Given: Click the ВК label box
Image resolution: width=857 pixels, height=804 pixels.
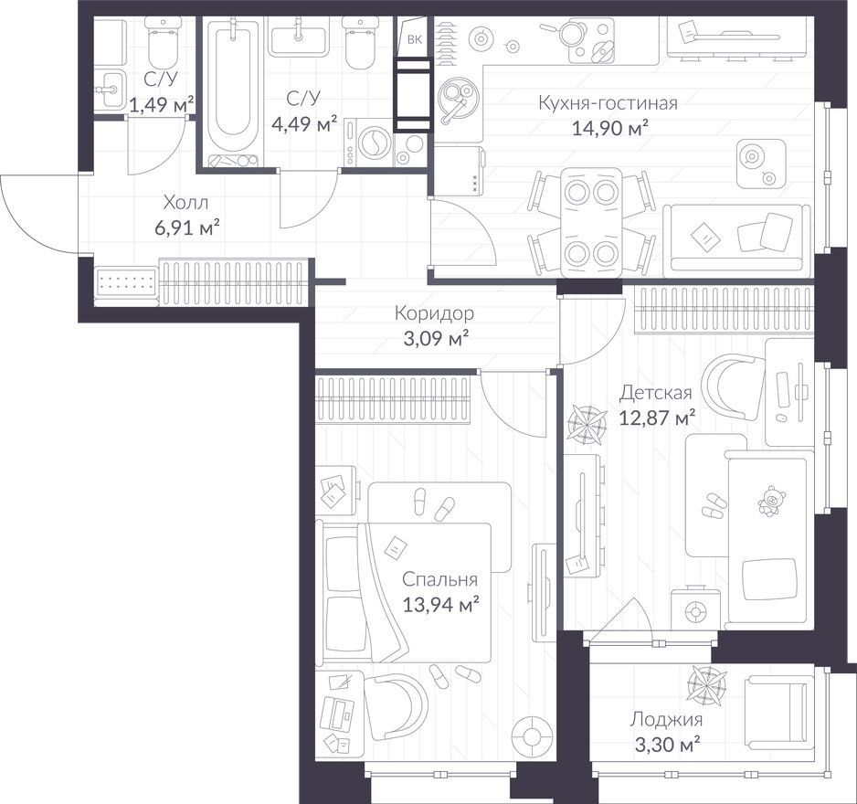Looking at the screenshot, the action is [414, 38].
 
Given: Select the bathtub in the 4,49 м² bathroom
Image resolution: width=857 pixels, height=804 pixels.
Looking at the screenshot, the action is [233, 91].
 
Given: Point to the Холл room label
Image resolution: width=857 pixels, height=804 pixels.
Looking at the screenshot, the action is [186, 204].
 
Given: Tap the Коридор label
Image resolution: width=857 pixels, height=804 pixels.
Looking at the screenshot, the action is [434, 313].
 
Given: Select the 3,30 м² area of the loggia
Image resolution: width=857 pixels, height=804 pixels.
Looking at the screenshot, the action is [666, 745].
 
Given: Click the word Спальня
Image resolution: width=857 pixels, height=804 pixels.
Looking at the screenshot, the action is [440, 579].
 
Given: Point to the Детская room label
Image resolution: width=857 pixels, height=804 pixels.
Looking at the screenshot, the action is [655, 393].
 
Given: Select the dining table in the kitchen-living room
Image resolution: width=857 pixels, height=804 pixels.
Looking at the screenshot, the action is [592, 222].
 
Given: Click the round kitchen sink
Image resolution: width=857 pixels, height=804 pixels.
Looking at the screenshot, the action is [458, 100].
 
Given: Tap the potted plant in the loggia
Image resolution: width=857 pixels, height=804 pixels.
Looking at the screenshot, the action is [706, 683].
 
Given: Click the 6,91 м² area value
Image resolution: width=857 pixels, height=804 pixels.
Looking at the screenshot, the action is [187, 227].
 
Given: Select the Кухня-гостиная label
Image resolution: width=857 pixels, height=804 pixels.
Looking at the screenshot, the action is [608, 103].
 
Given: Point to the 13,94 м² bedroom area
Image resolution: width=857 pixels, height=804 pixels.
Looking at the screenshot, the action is [441, 605].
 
